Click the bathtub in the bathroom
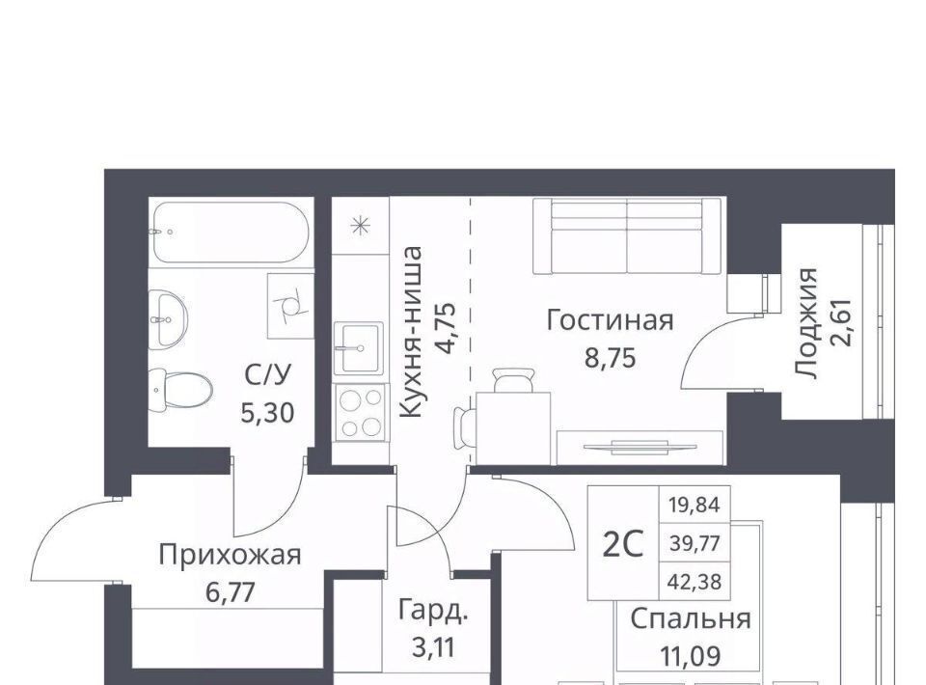(231, 233)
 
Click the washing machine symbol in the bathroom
(289, 305)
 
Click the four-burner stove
(360, 412)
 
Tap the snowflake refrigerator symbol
(360, 226)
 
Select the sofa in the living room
(627, 235)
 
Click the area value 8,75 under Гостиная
(611, 357)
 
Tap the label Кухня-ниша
(411, 332)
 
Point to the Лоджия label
(806, 323)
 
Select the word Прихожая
(231, 555)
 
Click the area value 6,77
(231, 591)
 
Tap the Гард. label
(433, 611)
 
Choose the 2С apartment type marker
(622, 544)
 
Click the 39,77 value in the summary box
(695, 543)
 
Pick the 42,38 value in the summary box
(695, 583)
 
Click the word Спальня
(691, 619)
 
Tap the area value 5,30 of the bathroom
(267, 413)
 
